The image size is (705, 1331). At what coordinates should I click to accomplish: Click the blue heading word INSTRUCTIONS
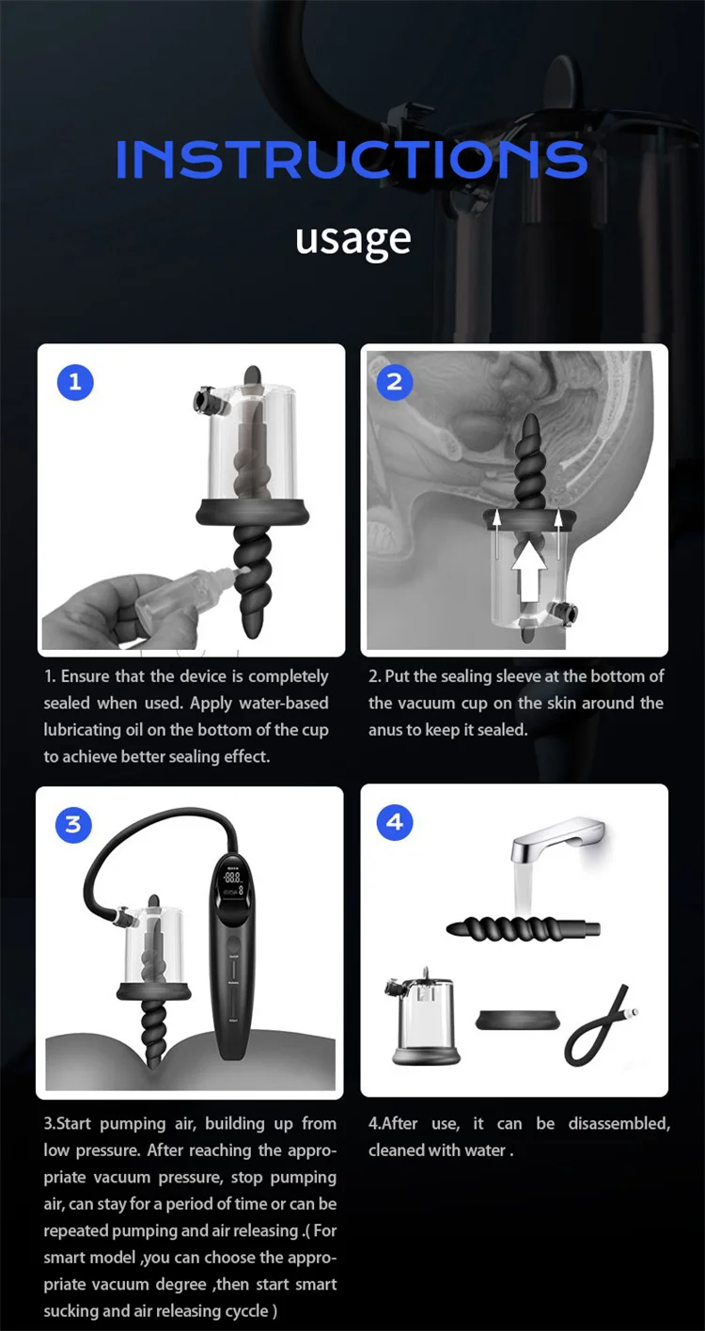(x=352, y=160)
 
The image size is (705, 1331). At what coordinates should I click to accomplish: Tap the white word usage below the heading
(x=352, y=239)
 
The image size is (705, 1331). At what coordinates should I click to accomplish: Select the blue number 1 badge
(x=76, y=382)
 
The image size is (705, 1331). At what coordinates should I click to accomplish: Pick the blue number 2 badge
(x=395, y=381)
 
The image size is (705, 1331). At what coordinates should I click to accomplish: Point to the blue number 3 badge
(x=73, y=825)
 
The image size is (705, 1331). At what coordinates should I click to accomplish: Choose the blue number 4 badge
(x=395, y=822)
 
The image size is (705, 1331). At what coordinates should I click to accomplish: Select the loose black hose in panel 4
(x=602, y=1029)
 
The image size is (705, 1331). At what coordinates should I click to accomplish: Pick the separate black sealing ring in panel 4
(x=516, y=1019)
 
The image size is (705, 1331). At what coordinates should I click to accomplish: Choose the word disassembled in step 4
(x=619, y=1123)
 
